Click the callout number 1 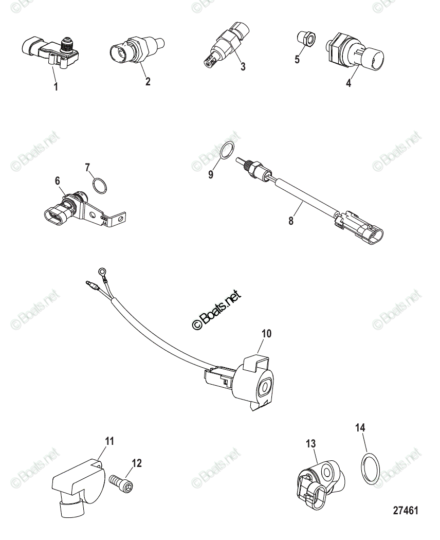[x=56, y=87]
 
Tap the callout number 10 [x=266, y=334]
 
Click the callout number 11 [x=109, y=441]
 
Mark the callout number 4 [x=349, y=82]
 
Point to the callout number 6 [x=57, y=181]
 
